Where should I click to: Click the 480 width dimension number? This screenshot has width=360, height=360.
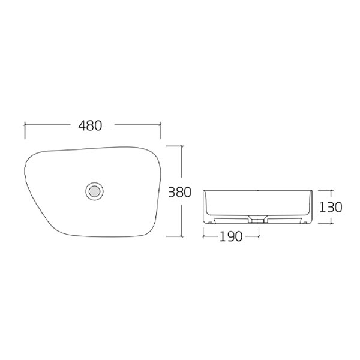click(91, 126)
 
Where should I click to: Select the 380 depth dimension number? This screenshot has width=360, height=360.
click(179, 193)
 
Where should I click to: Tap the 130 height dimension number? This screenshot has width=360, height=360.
click(331, 207)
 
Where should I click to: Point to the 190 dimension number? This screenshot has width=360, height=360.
click(230, 236)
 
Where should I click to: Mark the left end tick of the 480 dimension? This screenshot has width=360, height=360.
click(25, 126)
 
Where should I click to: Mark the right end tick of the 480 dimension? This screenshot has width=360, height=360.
click(160, 126)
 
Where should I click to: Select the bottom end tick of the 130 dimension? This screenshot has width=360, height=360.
click(330, 223)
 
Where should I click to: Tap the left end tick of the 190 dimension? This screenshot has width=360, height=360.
click(203, 236)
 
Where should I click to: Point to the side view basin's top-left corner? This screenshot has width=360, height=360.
click(204, 191)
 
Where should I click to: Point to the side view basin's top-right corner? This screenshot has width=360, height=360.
click(311, 191)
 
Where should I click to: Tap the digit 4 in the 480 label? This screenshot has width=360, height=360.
click(82, 126)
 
